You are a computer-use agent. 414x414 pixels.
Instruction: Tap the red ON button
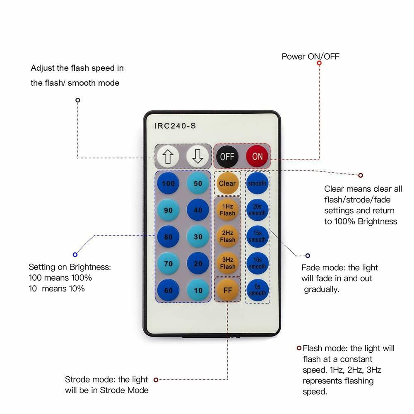(x=257, y=156)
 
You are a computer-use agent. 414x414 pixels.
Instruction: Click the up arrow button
(x=168, y=156)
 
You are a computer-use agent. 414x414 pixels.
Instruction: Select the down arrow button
(x=197, y=156)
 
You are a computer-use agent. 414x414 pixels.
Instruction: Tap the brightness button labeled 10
(x=198, y=290)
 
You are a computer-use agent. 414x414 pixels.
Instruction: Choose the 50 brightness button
(x=198, y=183)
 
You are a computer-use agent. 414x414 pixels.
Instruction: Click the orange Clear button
(x=227, y=183)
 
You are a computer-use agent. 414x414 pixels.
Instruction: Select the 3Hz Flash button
(x=227, y=263)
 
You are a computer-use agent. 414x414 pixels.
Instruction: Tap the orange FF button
(x=227, y=290)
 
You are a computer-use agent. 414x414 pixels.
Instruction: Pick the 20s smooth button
(x=257, y=210)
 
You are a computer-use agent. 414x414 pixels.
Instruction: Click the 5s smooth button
(x=257, y=290)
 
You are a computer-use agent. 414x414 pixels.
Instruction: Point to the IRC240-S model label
(x=175, y=126)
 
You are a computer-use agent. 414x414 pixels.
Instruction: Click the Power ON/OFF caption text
(x=310, y=56)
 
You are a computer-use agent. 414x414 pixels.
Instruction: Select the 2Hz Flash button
(x=227, y=237)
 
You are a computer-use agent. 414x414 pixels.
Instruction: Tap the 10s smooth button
(x=257, y=264)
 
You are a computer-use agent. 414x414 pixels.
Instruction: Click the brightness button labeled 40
(x=198, y=210)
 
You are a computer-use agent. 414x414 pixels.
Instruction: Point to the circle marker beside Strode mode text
(x=156, y=380)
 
